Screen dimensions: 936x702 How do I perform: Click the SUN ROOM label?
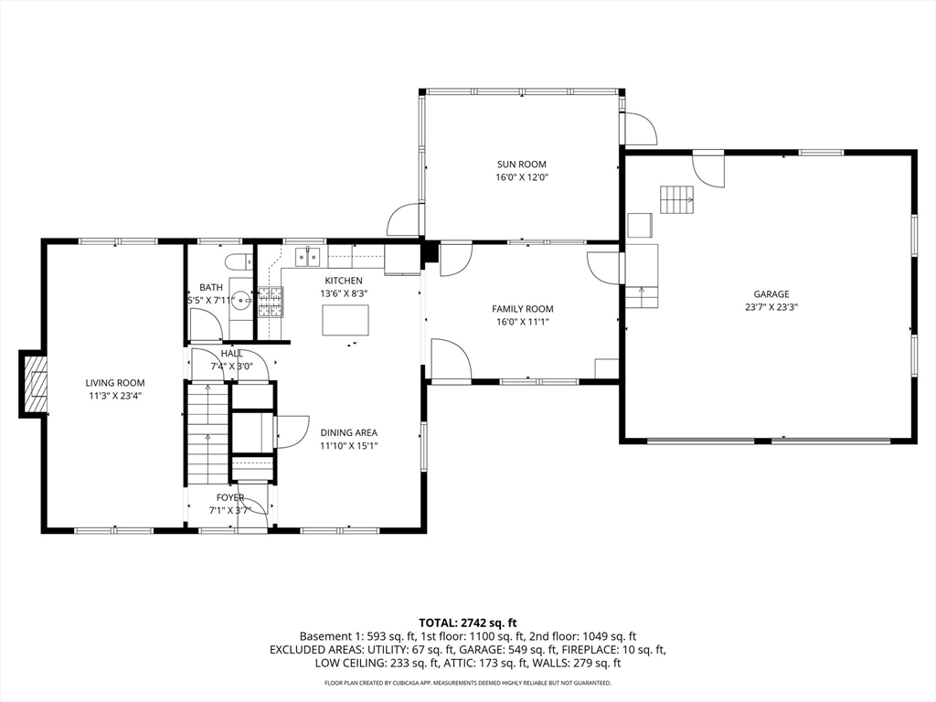(x=522, y=165)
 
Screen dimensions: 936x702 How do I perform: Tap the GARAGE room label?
(x=771, y=293)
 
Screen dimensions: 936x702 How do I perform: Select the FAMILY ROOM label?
(x=522, y=309)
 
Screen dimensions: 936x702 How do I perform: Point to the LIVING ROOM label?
(x=115, y=383)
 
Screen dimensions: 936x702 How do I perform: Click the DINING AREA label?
(x=348, y=432)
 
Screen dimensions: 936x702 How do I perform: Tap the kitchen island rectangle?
(x=346, y=321)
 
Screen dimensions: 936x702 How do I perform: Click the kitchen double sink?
(x=308, y=257)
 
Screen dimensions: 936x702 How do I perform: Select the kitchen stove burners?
(x=271, y=302)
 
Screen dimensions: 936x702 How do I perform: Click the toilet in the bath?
(x=239, y=261)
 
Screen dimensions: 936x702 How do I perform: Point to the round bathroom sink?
(x=241, y=300)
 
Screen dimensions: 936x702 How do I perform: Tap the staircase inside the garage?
(x=677, y=199)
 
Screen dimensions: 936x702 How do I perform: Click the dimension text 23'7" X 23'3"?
(x=771, y=307)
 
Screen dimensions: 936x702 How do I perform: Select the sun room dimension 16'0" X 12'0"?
(x=522, y=177)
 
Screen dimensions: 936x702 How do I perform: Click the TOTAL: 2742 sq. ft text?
(x=467, y=623)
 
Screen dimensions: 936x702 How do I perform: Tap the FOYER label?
(x=229, y=497)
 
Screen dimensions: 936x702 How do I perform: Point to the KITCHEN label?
(x=344, y=281)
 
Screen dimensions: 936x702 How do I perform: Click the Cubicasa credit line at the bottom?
(x=467, y=683)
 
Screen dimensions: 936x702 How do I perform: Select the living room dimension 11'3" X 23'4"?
(x=115, y=396)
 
